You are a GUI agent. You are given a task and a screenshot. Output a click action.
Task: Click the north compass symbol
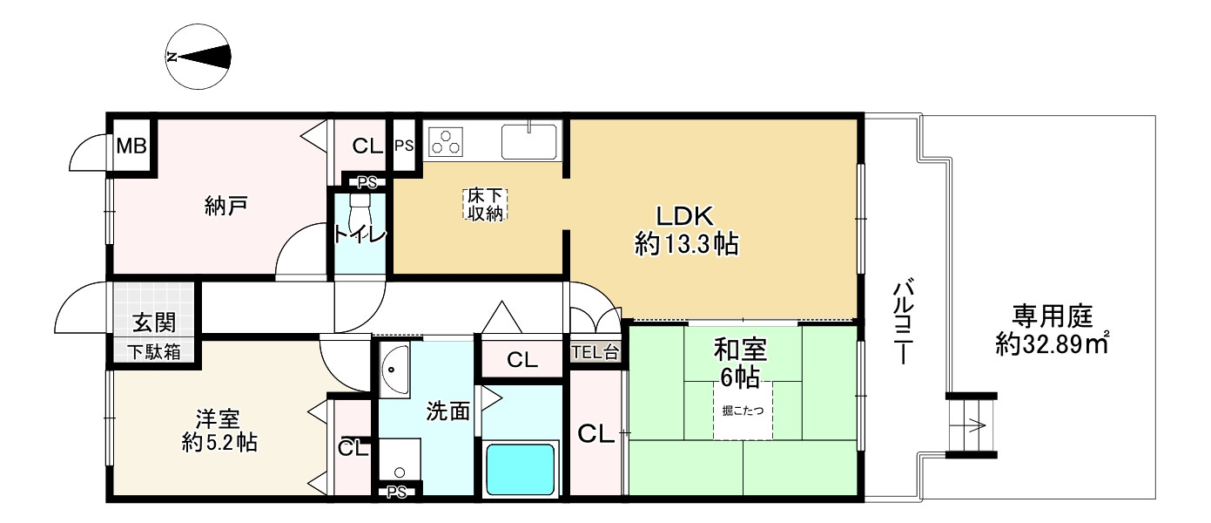point(198,57)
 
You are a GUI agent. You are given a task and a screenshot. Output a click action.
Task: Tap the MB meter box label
point(132,146)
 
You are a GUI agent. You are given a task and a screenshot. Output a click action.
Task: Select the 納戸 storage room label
point(226,206)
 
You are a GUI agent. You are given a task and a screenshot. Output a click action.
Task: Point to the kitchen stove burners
point(446,142)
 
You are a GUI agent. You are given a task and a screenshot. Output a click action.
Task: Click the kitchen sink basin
point(529,141)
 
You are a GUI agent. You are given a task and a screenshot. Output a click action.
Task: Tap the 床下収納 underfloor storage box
point(485,204)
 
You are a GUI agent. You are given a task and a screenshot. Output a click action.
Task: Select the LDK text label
point(685,216)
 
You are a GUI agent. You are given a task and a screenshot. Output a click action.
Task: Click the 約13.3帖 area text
point(686,245)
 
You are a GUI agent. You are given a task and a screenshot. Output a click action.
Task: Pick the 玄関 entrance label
point(155,323)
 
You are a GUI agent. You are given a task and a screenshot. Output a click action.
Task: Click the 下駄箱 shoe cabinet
point(154,352)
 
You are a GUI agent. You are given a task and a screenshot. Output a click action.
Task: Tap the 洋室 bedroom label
point(218,418)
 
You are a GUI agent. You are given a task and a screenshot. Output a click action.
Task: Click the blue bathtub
point(521,469)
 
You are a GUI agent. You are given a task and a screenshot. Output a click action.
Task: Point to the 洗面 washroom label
point(447,412)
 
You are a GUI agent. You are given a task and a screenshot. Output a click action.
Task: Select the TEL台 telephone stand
point(595,353)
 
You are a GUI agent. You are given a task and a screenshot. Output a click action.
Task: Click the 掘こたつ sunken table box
point(743,411)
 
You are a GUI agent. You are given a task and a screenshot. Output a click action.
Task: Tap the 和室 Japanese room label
point(740,350)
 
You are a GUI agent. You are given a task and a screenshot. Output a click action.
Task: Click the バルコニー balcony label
point(904,323)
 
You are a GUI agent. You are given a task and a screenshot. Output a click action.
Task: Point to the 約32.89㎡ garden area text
point(1052,343)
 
